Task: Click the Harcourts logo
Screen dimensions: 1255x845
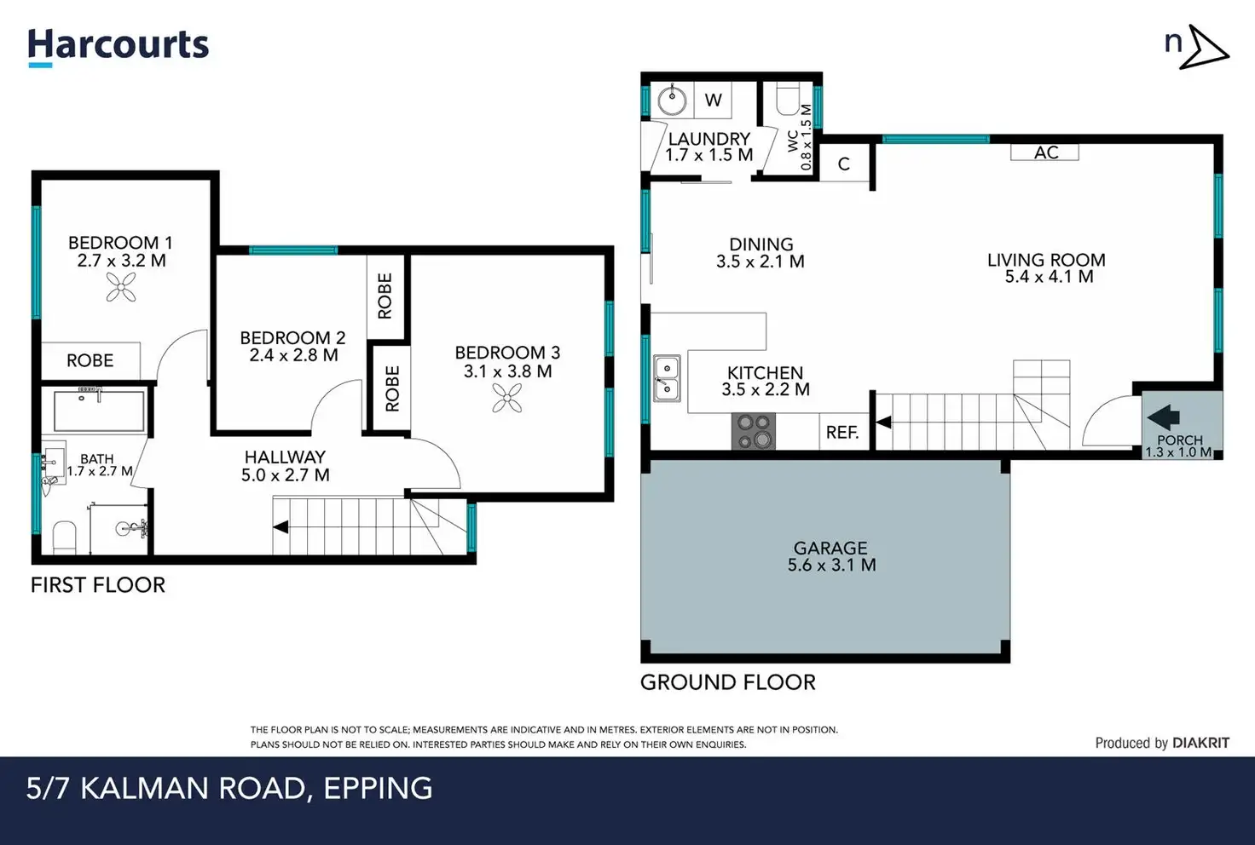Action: pos(119,48)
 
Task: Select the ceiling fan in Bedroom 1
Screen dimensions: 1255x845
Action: pos(121,287)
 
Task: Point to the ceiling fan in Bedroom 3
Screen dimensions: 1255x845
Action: pos(507,398)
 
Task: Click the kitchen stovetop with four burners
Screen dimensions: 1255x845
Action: pos(754,431)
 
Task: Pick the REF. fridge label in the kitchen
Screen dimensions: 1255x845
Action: pos(842,432)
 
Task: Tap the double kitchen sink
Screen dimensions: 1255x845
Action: pos(667,378)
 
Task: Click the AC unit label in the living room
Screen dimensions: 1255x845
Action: pos(1045,152)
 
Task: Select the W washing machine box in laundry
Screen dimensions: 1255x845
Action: pos(713,101)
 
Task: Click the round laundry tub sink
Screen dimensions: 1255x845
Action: pos(672,101)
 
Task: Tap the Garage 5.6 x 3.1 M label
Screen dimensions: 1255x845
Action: pos(831,556)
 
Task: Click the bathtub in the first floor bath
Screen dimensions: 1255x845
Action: pos(99,411)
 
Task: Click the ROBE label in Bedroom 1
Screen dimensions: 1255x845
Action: pos(90,360)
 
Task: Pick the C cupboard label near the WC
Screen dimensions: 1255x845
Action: pos(844,164)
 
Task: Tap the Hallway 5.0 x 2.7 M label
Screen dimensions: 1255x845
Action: pos(285,466)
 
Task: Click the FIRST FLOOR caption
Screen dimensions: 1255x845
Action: pos(98,585)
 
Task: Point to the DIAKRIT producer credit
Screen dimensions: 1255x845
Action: pos(1200,743)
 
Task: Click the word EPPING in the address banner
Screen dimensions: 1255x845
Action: pos(379,789)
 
